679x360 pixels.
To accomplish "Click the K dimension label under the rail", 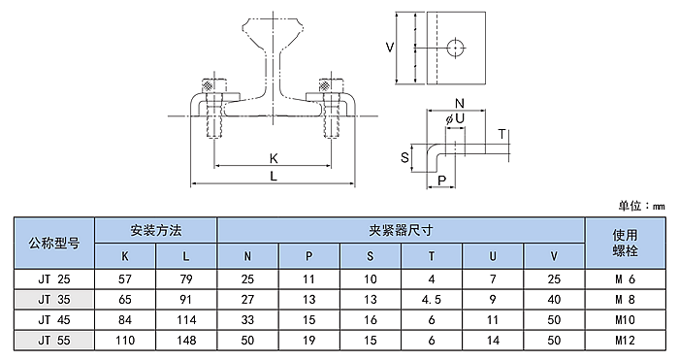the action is coord(274,158).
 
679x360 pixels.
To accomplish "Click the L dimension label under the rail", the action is coord(274,176).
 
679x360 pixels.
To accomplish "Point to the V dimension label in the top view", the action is coord(390,47).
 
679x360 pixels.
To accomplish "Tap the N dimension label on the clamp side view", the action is coord(460,104).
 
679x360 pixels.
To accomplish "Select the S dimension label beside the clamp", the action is coord(404,157).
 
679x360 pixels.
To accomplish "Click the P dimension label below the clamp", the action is coord(441,180).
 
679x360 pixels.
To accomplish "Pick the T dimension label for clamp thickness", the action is coord(501,134).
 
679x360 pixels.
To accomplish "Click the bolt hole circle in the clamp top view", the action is coord(455,48).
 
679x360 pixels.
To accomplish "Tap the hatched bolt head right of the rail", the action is coord(325,85).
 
